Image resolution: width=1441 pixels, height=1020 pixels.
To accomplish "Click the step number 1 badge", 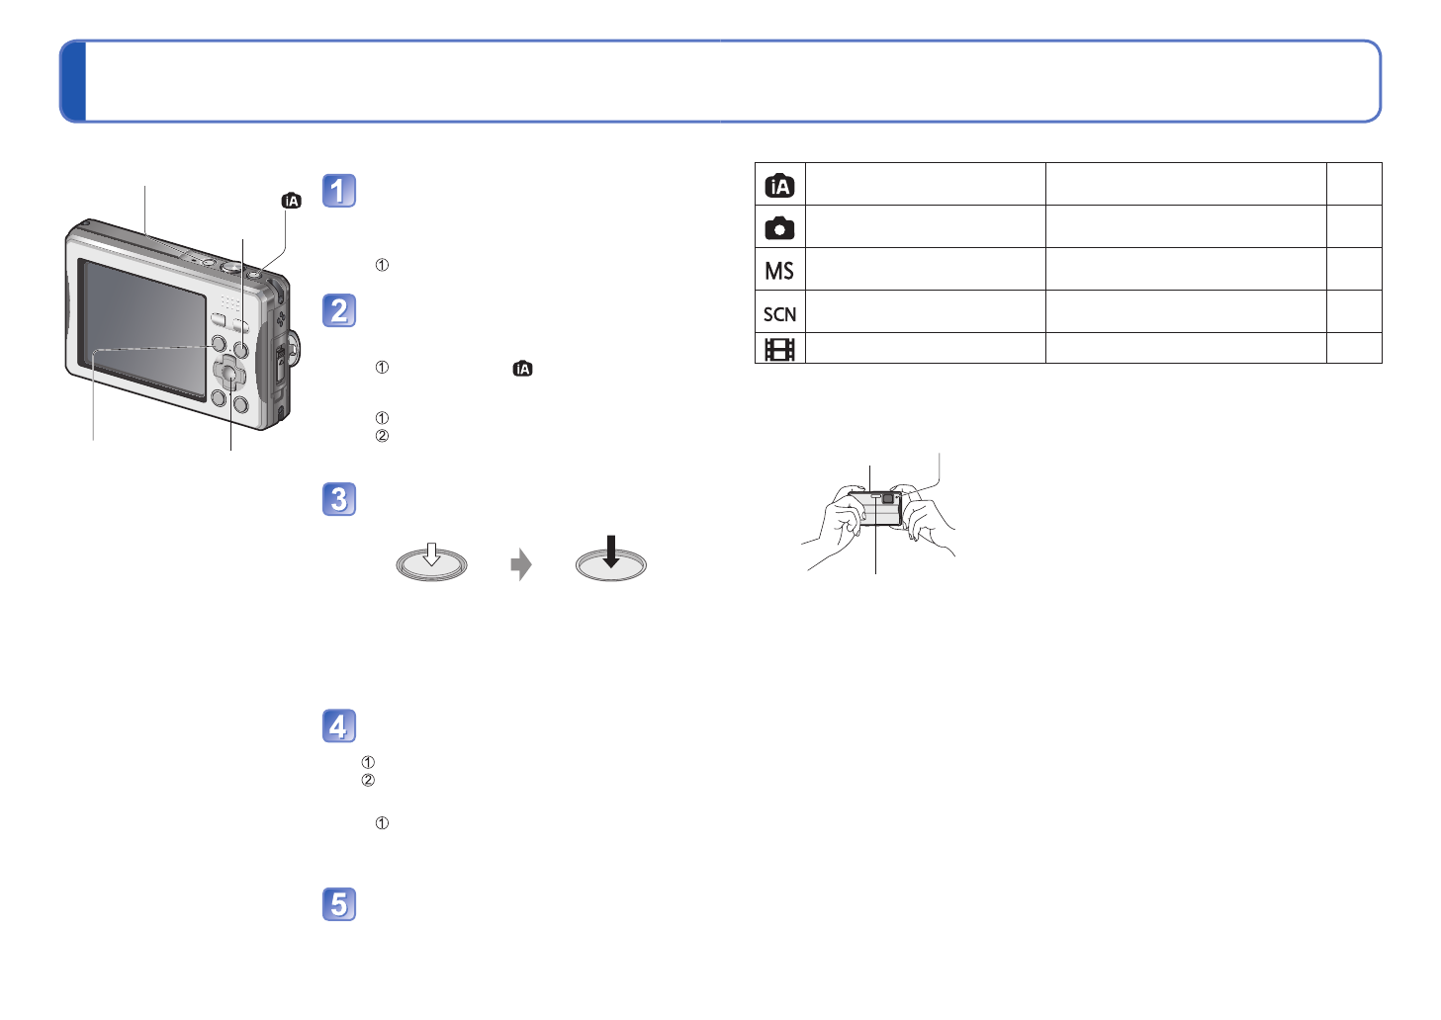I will (x=339, y=191).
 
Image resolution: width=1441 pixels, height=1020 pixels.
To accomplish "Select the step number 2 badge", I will (x=339, y=310).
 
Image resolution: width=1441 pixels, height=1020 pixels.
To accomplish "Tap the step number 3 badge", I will (x=339, y=499).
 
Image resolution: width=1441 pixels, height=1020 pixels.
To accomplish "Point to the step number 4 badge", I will (x=339, y=726).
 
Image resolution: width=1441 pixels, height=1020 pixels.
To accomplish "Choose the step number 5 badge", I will (x=339, y=904).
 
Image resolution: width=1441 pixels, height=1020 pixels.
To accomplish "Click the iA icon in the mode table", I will (x=779, y=185).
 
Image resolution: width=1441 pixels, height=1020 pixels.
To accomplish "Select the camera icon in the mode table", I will (x=779, y=227).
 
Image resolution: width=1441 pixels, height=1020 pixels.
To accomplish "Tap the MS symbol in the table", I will (x=779, y=271).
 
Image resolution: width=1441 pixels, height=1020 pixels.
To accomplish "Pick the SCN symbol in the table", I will (x=779, y=314).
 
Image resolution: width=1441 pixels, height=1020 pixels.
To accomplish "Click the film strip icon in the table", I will (x=779, y=349).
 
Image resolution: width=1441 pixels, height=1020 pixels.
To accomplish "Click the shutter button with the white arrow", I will (x=431, y=562).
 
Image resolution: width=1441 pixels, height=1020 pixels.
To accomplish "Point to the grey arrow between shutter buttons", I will (x=521, y=564).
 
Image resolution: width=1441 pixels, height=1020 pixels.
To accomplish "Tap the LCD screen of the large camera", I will (x=142, y=328).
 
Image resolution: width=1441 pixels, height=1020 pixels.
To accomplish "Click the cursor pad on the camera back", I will (x=228, y=375).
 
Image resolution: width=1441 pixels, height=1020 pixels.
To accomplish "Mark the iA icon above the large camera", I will (x=291, y=201).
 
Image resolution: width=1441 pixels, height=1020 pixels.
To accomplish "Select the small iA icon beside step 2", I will (x=522, y=369).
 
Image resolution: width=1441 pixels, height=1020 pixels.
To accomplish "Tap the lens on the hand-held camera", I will (x=888, y=499).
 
